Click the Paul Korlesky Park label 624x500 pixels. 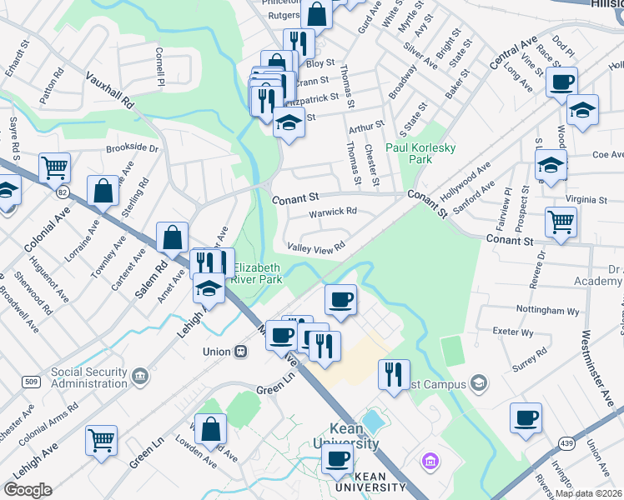tap(421, 152)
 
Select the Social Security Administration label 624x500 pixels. tap(89, 377)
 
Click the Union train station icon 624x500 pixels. tap(241, 352)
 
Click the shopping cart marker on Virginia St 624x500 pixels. tap(561, 222)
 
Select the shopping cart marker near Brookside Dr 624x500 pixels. tap(54, 167)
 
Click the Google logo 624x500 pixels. tap(28, 490)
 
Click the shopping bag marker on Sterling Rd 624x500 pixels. tap(103, 190)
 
